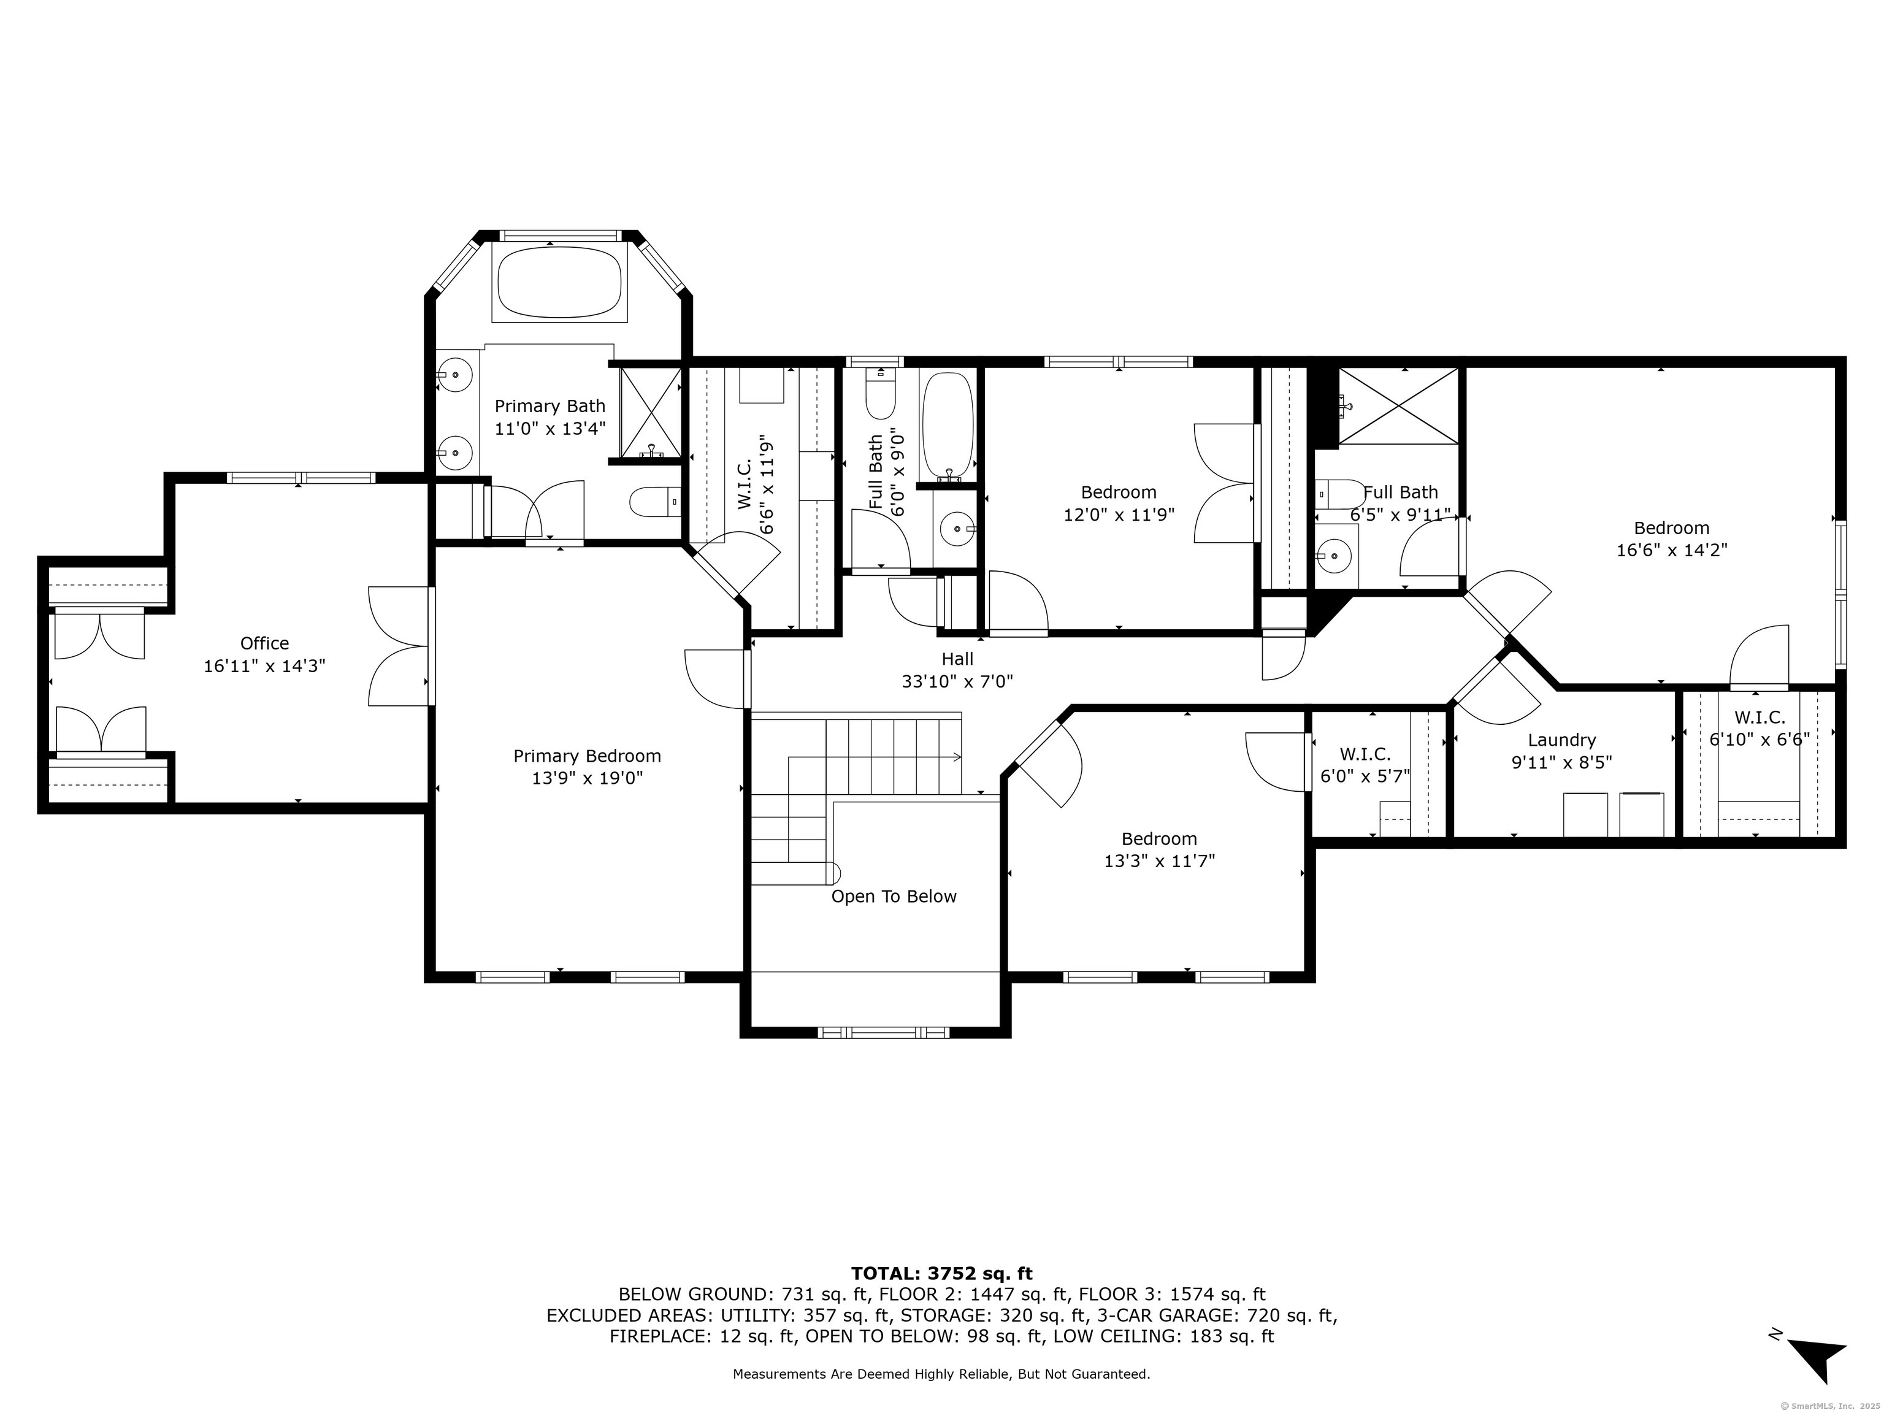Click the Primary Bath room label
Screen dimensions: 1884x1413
click(x=550, y=406)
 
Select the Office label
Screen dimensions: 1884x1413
click(x=265, y=643)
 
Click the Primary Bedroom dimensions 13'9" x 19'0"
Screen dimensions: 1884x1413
click(x=587, y=778)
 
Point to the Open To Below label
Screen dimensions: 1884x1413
click(x=894, y=896)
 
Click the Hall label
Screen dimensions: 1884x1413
click(x=957, y=659)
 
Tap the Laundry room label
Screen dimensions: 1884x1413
click(x=1562, y=740)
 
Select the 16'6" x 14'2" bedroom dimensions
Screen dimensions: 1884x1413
click(x=1672, y=550)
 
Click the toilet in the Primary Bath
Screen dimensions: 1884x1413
click(x=655, y=502)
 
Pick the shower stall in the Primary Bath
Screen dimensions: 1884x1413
click(x=651, y=413)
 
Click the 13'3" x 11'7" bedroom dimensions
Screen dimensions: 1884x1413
click(x=1159, y=861)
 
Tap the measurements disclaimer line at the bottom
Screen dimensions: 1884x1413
click(x=942, y=1374)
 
